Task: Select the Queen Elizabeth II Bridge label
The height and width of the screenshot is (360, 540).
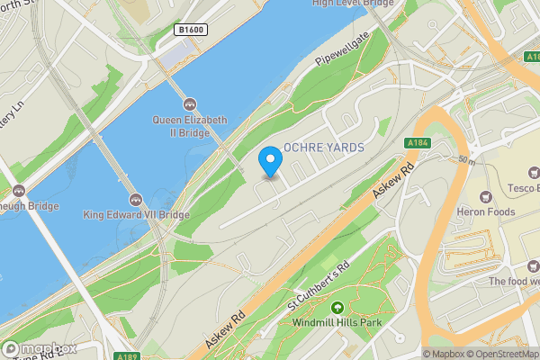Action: point(190,127)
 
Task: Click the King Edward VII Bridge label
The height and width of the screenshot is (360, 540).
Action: point(136,215)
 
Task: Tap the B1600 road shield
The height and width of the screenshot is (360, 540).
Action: point(191,30)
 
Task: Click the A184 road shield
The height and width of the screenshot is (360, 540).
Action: point(417,143)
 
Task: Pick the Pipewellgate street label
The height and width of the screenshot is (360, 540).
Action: point(343,58)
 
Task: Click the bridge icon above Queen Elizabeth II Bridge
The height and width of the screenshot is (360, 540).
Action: point(190,105)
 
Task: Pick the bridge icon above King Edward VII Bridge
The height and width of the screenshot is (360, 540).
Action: point(136,200)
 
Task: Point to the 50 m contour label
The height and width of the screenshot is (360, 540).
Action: point(465,160)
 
